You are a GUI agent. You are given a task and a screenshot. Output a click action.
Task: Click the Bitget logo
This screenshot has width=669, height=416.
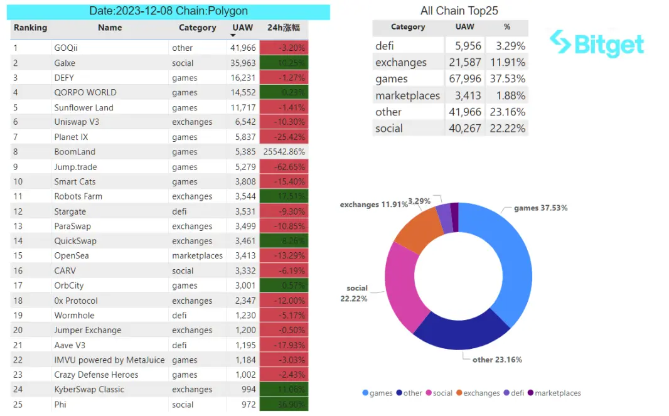click(x=596, y=43)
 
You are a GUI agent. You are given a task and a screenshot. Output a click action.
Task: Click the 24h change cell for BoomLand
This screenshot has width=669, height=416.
click(x=284, y=152)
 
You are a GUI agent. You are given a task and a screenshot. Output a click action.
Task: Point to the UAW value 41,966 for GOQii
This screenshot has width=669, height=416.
click(x=243, y=48)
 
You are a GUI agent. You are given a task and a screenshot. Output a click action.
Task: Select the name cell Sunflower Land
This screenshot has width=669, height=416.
click(x=83, y=107)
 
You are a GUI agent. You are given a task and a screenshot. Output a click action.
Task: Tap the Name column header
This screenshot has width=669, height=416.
click(x=110, y=28)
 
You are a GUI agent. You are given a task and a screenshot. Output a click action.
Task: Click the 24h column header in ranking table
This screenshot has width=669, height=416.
click(x=284, y=28)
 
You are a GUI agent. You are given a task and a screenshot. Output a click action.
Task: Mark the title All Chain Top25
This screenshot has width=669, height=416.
click(x=459, y=11)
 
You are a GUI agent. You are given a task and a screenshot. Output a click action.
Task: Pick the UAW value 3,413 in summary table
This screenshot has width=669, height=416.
click(x=465, y=95)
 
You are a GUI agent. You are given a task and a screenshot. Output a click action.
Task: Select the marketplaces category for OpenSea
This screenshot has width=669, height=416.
click(x=197, y=256)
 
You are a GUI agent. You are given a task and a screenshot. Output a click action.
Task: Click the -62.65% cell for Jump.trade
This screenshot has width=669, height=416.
click(x=284, y=167)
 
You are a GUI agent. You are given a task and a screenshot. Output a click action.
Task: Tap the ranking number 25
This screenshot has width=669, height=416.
click(x=18, y=405)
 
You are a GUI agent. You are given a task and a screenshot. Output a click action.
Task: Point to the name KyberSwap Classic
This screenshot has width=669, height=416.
click(x=89, y=390)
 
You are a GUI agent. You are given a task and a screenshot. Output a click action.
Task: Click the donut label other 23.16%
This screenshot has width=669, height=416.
click(x=497, y=360)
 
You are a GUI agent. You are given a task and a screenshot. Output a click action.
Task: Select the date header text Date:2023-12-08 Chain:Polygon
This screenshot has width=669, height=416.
click(x=169, y=11)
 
